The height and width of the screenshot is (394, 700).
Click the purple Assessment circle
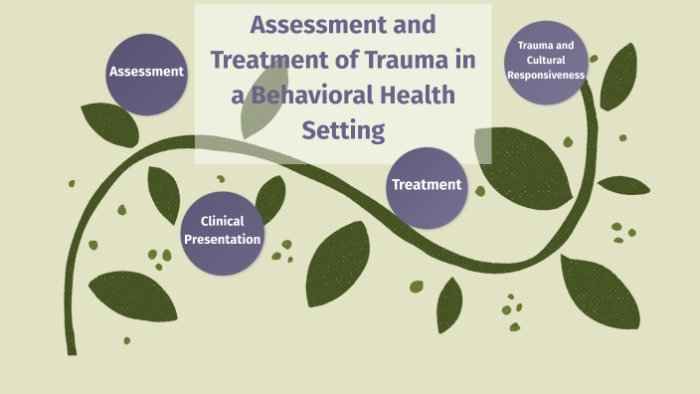click(x=146, y=73)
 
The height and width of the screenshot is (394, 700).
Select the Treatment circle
click(x=427, y=185)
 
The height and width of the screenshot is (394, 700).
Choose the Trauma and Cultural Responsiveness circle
click(x=546, y=62)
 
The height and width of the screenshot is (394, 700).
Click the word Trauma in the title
click(x=382, y=59)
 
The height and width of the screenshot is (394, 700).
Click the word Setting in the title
click(x=342, y=129)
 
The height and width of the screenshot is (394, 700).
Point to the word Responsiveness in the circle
click(x=546, y=74)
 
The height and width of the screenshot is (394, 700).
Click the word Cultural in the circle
click(x=545, y=60)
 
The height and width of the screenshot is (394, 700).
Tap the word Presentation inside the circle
click(x=224, y=239)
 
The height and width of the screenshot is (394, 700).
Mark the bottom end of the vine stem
click(x=72, y=350)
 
